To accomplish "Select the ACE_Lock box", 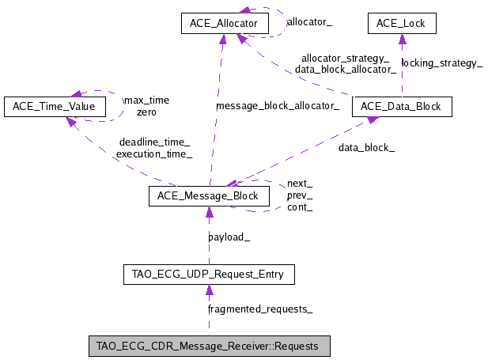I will pos(402,24).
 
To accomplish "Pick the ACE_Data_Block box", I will pos(402,106).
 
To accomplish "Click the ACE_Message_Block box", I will pos(209,195).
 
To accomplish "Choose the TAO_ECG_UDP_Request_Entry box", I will pos(209,275).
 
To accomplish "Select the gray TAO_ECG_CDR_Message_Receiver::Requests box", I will pos(209,346).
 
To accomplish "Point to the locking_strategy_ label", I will pos(441,62).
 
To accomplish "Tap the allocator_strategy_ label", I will pos(345,58).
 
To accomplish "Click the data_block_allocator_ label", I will pos(345,70).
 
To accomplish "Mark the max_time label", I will pos(146,100).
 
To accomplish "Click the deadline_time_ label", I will pos(154,142).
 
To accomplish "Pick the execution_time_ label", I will pos(154,154).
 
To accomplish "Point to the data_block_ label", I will pos(366,147).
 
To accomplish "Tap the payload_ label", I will pos(229,237).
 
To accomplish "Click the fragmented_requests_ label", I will pos(259,309).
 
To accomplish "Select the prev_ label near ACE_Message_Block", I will pos(299,195).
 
